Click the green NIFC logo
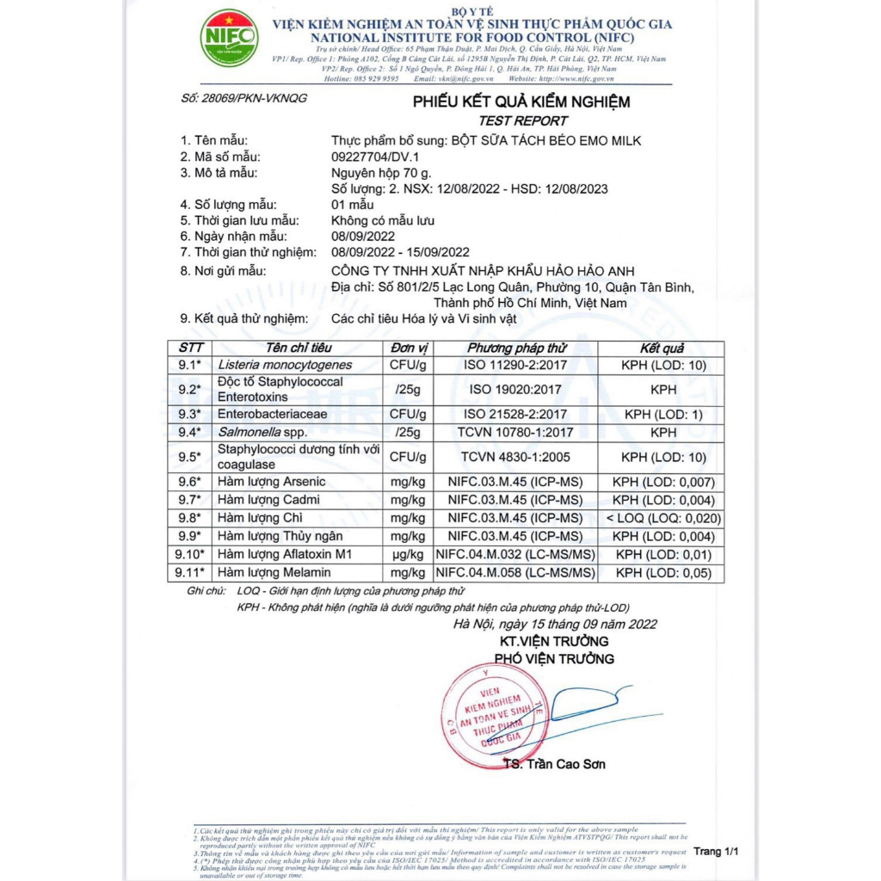tap(228, 37)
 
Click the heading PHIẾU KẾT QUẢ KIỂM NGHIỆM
tap(521, 102)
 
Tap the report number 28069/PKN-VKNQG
tap(245, 98)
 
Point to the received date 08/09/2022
tap(363, 236)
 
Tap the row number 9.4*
tap(188, 432)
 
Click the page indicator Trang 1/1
tap(717, 852)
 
